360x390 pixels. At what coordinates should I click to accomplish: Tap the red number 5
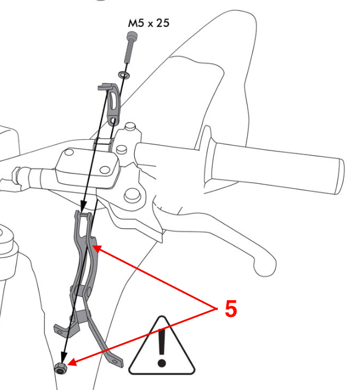pos(230,309)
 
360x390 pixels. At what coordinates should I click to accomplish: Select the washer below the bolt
pos(123,76)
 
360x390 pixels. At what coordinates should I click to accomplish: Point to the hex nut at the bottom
pos(61,369)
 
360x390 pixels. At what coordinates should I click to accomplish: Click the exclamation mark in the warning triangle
pos(161,348)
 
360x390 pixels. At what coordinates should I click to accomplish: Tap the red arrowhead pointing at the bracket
pos(97,246)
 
